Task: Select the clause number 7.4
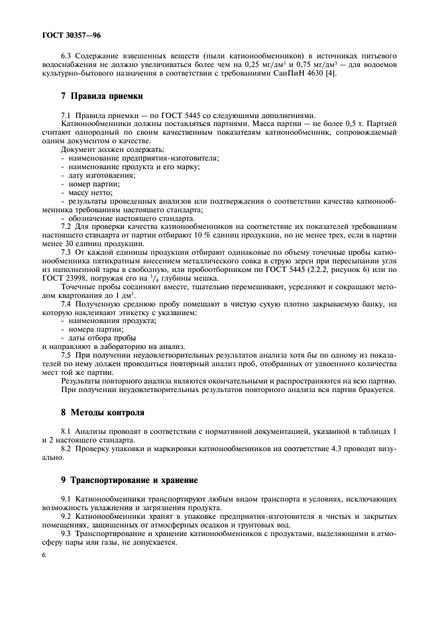click(66, 304)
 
